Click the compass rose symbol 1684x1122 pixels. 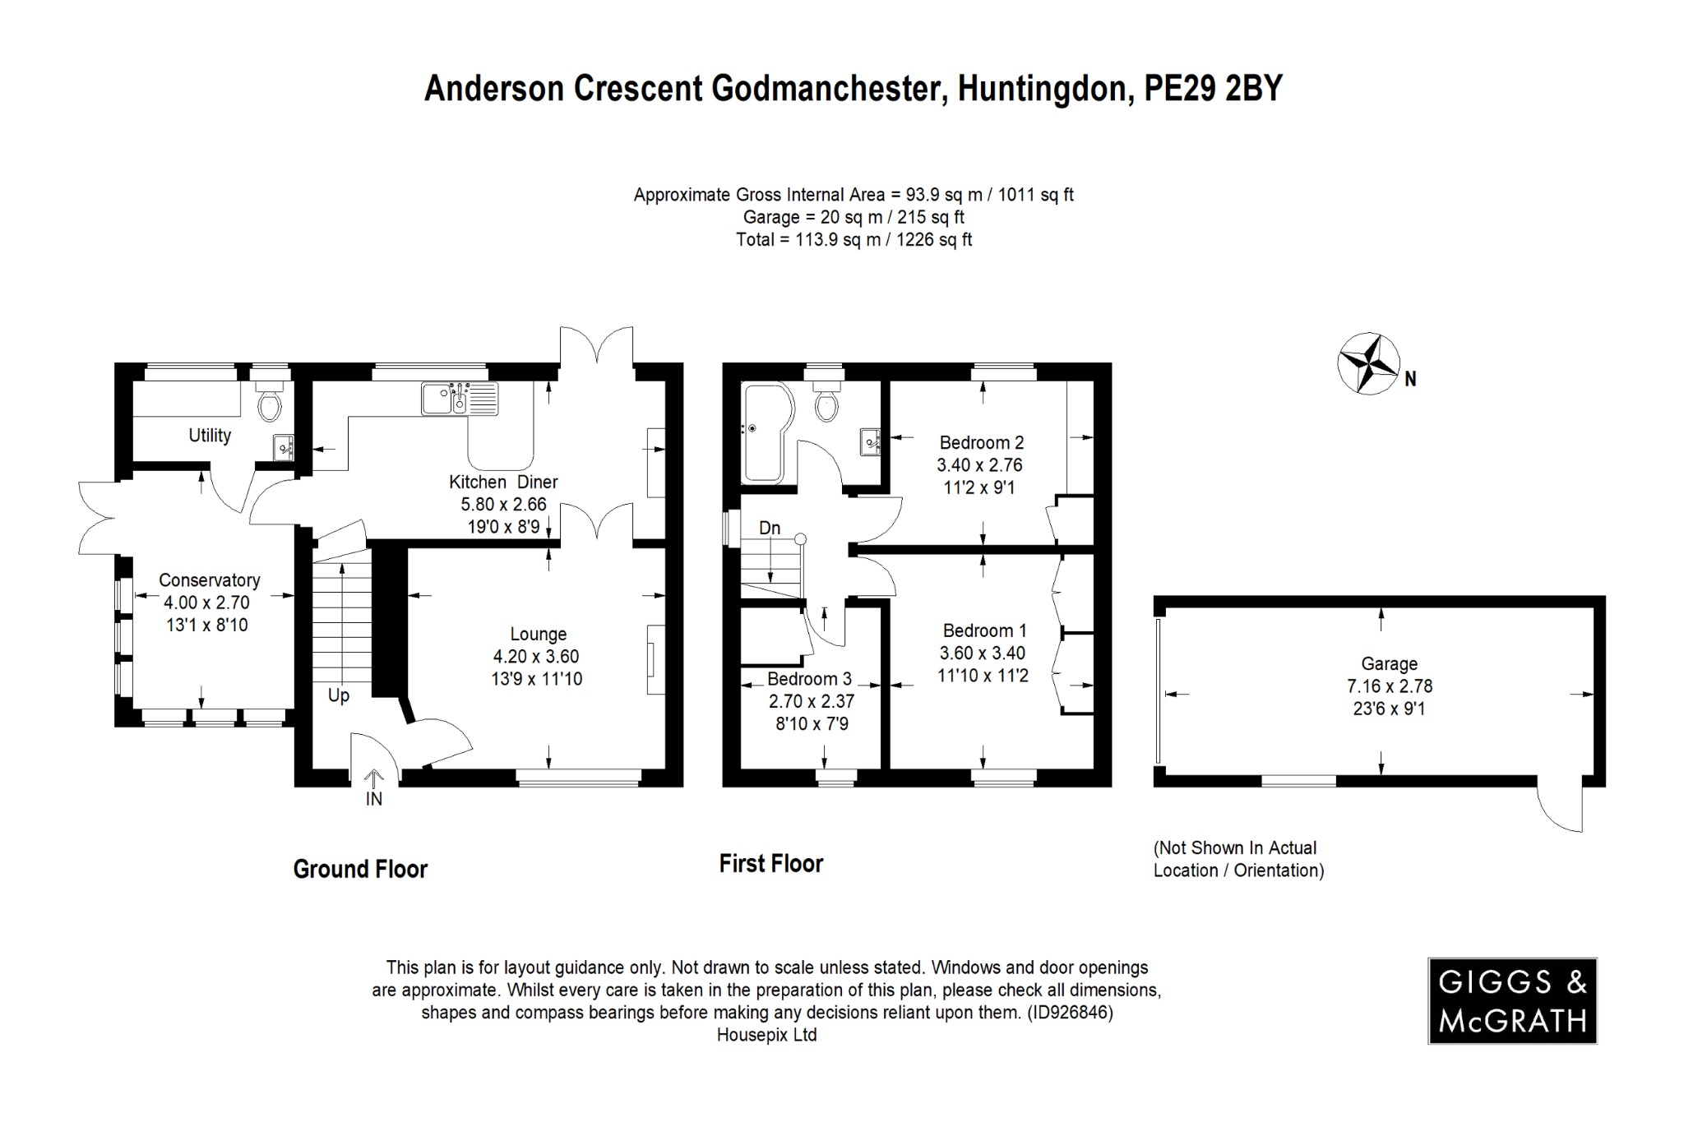point(1368,362)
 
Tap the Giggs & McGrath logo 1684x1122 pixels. point(1512,1000)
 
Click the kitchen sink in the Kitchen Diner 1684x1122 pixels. point(460,399)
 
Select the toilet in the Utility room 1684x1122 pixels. point(269,403)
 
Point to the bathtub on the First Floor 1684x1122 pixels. point(766,432)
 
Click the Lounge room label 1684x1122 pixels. point(539,634)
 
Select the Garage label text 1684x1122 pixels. point(1389,663)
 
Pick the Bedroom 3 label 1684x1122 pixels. point(809,679)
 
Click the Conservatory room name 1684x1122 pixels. point(209,580)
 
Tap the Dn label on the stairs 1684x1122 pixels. point(770,528)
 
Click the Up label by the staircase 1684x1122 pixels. point(339,695)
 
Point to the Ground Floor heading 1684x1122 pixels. point(360,869)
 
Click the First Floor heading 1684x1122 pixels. point(770,863)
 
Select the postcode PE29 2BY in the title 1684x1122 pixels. point(1214,89)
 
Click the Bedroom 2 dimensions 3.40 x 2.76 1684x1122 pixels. point(979,465)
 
